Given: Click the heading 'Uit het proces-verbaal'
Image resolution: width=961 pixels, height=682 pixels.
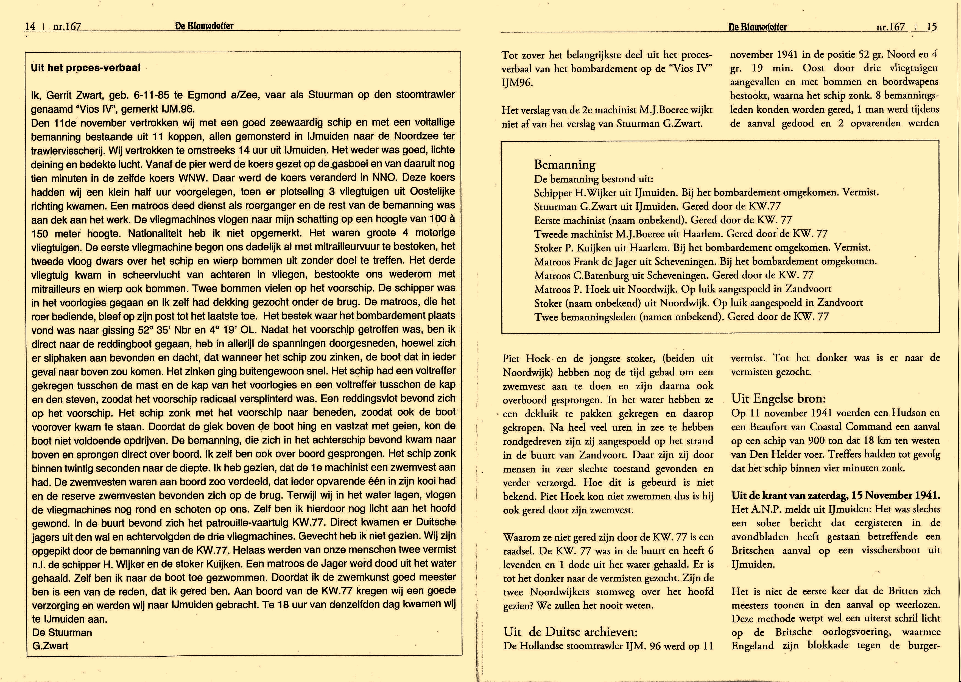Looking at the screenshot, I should coord(86,68).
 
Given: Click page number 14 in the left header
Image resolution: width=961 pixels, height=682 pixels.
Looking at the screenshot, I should coord(30,26).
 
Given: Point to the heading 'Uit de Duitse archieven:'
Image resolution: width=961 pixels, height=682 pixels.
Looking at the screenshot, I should coord(570,631).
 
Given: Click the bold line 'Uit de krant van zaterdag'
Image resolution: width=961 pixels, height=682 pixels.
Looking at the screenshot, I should coord(836,495).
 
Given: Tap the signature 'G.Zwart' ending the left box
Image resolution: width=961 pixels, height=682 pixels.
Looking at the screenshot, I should coord(51,645).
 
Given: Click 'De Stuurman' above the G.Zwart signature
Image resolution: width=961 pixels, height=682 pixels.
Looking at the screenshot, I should coord(62,632).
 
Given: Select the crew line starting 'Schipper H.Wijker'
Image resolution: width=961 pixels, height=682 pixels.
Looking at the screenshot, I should coord(706,193).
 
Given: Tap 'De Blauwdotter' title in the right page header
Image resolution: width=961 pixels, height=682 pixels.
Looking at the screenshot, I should coord(758,27).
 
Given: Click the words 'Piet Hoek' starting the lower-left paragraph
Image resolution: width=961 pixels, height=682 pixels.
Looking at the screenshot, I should coord(526,359).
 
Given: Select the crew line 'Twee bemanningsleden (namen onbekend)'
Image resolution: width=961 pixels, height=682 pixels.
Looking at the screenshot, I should coord(681,317).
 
